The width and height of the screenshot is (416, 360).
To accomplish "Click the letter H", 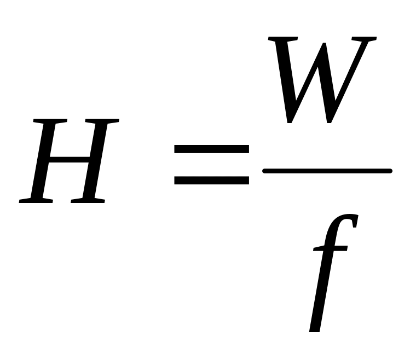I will point(69,161).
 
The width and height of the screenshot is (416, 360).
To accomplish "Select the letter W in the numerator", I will point(323,79).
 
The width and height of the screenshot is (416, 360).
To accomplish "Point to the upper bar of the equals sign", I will point(211,149).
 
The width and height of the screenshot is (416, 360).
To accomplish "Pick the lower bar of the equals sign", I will point(211,179).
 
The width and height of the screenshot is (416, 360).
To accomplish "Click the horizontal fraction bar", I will point(327,171).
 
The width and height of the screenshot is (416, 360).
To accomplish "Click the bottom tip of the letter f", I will point(314,328).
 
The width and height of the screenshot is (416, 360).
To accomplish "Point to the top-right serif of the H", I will point(104,120).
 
